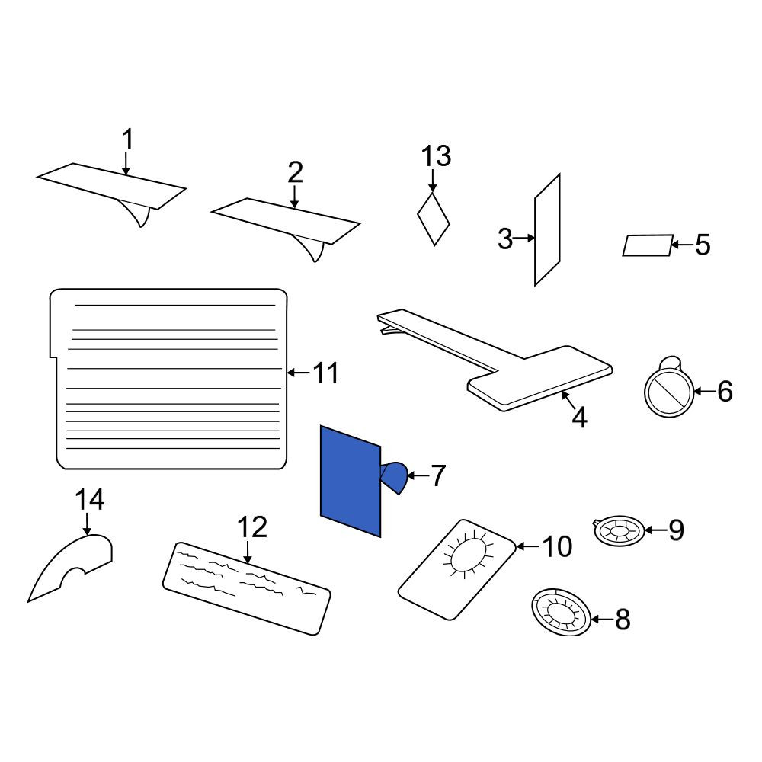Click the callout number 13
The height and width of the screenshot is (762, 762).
click(436, 156)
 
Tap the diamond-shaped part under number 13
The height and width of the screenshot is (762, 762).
click(434, 219)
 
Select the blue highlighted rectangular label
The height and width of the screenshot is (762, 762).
click(351, 481)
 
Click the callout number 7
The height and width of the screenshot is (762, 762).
click(438, 475)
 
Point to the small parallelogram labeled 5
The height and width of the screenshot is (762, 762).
click(648, 245)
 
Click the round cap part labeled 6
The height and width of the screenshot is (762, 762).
click(669, 391)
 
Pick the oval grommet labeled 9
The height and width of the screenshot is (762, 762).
click(620, 530)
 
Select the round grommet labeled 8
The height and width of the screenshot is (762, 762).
click(562, 613)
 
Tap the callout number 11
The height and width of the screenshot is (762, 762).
click(325, 373)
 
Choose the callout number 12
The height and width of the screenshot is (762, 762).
click(252, 527)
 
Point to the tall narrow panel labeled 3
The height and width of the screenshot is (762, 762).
click(547, 229)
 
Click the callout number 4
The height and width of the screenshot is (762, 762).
click(579, 417)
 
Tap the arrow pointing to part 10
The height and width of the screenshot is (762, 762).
click(527, 546)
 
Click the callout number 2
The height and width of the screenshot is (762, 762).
click(295, 172)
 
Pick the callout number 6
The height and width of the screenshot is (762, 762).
click(725, 391)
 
